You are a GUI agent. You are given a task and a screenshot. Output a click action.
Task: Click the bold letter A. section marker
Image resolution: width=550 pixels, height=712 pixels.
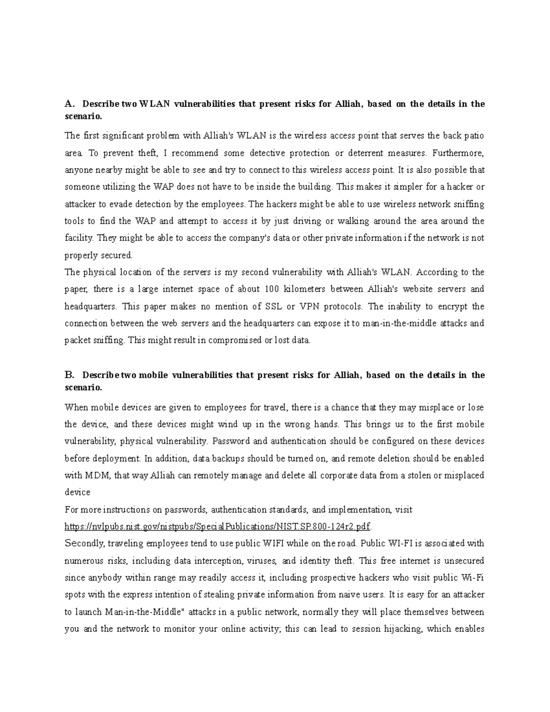pyautogui.click(x=69, y=104)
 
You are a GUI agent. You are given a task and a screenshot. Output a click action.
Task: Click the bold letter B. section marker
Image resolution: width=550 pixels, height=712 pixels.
pyautogui.click(x=69, y=375)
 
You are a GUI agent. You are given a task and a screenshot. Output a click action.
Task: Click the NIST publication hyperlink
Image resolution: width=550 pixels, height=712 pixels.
pyautogui.click(x=219, y=526)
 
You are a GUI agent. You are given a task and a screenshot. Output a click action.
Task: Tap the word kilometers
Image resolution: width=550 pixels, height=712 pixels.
pyautogui.click(x=305, y=289)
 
